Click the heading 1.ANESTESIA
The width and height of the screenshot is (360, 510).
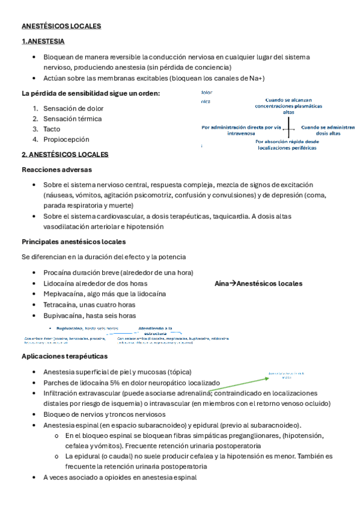43,41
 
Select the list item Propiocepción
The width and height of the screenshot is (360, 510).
66,139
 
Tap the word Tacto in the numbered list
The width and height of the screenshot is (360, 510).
51,129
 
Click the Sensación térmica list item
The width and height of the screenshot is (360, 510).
72,118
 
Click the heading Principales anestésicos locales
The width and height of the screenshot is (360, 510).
73,242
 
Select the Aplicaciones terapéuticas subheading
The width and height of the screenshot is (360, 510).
64,356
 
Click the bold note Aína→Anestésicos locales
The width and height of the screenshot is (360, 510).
258,283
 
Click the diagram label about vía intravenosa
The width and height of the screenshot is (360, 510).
241,131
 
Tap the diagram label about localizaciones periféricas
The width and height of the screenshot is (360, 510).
287,145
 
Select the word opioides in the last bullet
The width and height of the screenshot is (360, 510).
109,477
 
